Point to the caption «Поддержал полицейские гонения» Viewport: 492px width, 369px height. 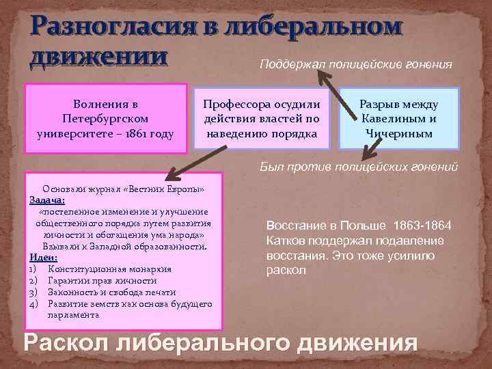pyautogui.click(x=355, y=64)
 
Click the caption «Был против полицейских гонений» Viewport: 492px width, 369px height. pyautogui.click(x=358, y=167)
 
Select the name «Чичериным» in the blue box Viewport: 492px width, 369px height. pyautogui.click(x=399, y=133)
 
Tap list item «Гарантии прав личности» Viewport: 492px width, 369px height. pyautogui.click(x=102, y=280)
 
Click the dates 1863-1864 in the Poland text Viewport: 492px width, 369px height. pyautogui.click(x=428, y=226)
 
